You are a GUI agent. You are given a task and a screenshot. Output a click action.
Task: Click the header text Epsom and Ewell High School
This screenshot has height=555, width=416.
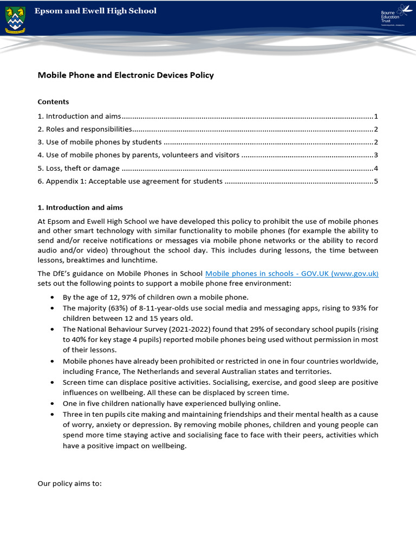[x=95, y=11]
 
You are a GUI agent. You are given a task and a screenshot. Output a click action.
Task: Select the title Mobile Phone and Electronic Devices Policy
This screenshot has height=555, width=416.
[x=126, y=75]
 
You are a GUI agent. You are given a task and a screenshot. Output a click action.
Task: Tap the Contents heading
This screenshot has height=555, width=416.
[x=53, y=102]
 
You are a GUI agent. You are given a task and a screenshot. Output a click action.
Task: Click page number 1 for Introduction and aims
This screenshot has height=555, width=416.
[x=375, y=117]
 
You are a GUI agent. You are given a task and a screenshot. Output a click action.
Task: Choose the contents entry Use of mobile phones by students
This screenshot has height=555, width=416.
[x=100, y=143]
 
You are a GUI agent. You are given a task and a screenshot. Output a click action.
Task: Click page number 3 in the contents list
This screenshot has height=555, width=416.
[x=375, y=156]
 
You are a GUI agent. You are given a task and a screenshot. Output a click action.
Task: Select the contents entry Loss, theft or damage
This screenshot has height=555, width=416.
[x=79, y=169]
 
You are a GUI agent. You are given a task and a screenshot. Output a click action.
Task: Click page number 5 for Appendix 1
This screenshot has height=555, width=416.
[x=375, y=182]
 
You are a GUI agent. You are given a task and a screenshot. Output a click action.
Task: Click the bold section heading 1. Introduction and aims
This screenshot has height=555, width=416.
[x=80, y=208]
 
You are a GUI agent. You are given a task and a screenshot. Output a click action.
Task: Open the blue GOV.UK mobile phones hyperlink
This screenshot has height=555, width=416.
[x=291, y=274]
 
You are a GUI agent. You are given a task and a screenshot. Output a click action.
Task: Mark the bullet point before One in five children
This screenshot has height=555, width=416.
[x=51, y=404]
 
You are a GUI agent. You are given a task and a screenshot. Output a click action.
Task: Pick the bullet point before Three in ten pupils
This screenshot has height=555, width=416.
[x=51, y=414]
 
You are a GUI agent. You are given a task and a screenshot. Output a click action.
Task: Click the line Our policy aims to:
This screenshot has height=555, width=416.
[x=69, y=483]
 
